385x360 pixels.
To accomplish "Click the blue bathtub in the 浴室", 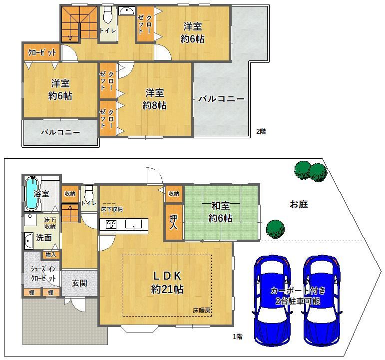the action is click(31, 194).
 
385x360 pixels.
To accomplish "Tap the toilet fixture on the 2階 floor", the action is click(107, 14).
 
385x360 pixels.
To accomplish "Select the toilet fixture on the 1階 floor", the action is click(88, 193).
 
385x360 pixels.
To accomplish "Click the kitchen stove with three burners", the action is click(111, 224).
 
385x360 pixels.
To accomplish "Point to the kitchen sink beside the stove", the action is click(133, 224).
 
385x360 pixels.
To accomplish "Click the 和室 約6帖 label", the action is click(220, 212).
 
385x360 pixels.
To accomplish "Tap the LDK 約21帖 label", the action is click(167, 283).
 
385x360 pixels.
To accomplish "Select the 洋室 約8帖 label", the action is click(155, 99).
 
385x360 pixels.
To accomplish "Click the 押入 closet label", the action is click(174, 222).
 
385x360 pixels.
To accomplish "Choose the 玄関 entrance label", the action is click(79, 283).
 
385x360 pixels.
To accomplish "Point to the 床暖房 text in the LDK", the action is click(202, 310).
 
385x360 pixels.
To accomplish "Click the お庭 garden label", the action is click(299, 204).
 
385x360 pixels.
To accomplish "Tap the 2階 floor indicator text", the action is click(261, 131).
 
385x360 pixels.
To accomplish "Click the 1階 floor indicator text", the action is click(238, 337).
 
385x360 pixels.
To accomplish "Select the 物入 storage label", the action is click(50, 255).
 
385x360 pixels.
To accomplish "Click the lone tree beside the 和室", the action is click(275, 229).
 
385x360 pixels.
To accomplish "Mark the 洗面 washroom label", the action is click(44, 238).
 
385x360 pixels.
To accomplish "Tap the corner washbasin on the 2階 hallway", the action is click(127, 11).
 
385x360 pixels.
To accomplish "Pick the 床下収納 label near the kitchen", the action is click(112, 209).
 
